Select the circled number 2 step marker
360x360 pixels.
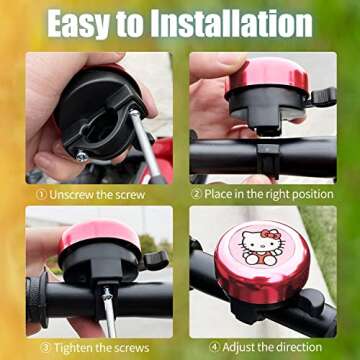click(x=197, y=193)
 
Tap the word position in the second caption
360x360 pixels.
click(x=305, y=193)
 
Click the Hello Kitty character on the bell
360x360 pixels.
click(x=262, y=246)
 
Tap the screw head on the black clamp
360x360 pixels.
click(x=80, y=155)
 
